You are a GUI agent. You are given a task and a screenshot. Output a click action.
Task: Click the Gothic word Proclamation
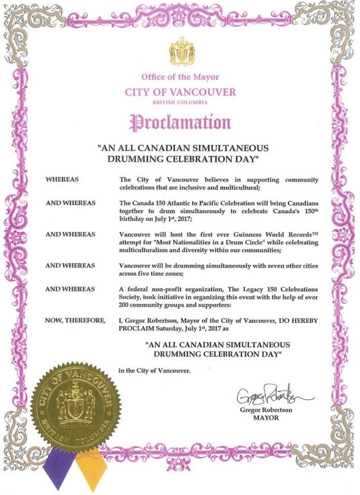coord(180,121)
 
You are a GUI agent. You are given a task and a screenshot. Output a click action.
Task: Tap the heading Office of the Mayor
coord(180,78)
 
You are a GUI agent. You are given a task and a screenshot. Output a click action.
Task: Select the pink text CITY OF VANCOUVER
coord(180,92)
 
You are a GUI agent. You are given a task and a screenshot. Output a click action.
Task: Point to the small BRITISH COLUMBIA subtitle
coord(180,103)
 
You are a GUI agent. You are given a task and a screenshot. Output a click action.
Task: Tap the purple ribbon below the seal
coord(60,466)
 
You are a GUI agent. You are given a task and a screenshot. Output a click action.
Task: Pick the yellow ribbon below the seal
coord(90,466)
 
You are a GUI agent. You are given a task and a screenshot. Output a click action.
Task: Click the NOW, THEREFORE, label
coord(71,320)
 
